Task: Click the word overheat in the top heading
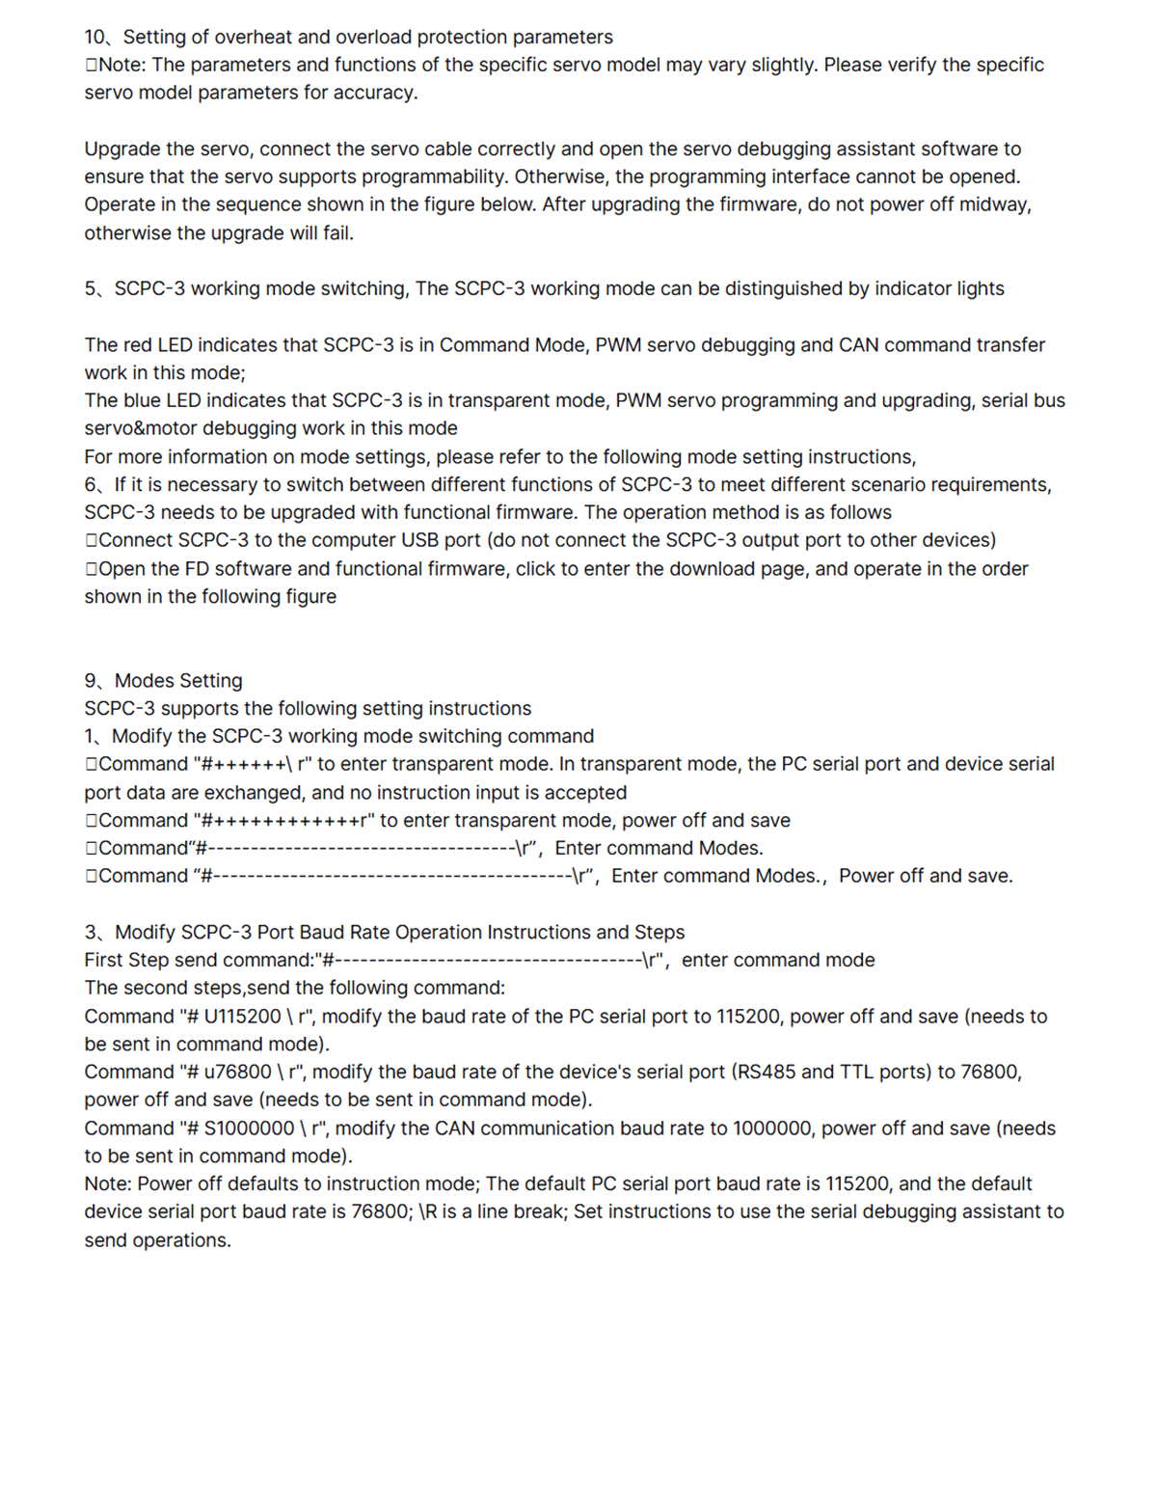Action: point(253,37)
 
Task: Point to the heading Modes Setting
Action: point(178,680)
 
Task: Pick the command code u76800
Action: point(237,1072)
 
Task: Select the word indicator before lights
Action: point(911,288)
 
